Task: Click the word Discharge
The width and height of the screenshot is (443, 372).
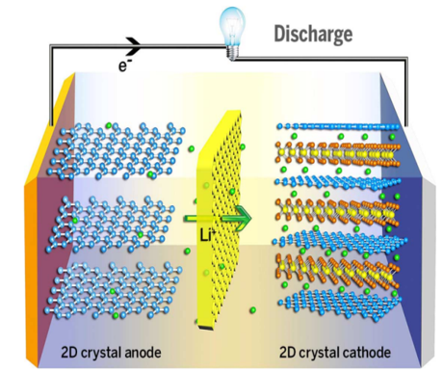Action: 313,35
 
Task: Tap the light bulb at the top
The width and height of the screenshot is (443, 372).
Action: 232,33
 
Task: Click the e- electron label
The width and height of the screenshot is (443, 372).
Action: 124,66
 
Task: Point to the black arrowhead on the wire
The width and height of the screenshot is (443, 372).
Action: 134,47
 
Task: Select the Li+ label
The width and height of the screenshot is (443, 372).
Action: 207,236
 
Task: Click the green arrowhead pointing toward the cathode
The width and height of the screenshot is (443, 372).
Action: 243,219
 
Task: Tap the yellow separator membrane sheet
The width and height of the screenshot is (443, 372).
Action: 219,219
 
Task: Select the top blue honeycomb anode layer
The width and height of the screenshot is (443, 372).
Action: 117,151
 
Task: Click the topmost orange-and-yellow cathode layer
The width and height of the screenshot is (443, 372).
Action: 338,153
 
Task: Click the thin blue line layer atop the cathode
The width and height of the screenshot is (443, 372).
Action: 338,127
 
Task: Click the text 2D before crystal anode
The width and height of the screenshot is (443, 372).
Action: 69,353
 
